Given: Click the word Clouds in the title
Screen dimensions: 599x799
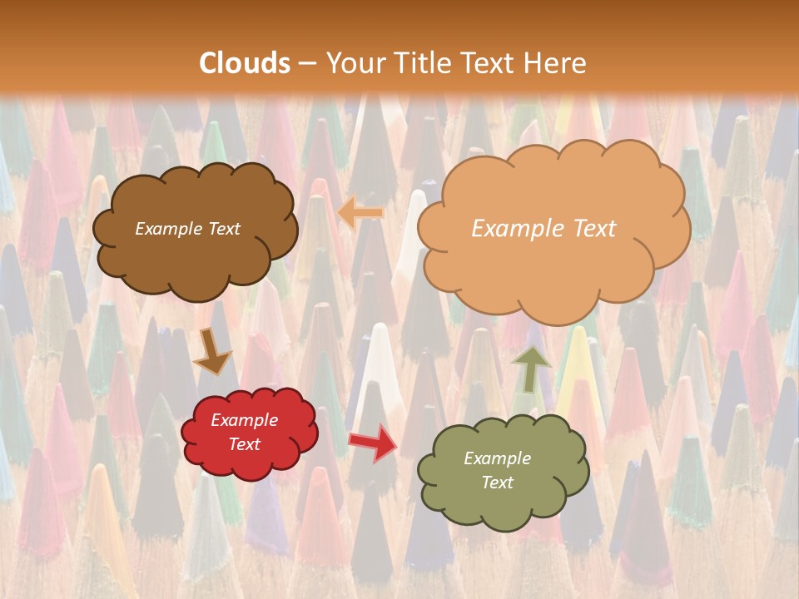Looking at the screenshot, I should coord(245,63).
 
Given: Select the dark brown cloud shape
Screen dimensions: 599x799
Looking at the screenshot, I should coord(195,258).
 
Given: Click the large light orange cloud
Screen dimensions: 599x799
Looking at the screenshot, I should coord(553,266).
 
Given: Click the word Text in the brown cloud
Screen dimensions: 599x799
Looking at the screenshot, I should coord(224,229).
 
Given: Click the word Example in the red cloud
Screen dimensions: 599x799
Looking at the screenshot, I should coord(245,420).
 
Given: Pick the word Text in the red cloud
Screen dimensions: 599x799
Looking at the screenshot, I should coord(245,444).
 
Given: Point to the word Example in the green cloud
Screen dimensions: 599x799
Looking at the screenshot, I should coord(497,458).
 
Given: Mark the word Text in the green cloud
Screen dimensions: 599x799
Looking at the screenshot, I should coord(497,483).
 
